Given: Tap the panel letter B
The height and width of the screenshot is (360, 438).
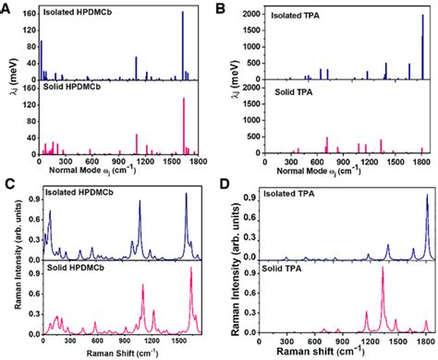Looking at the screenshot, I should pos(229,8).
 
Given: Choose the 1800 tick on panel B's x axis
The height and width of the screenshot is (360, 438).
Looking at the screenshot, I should pos(421,163).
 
